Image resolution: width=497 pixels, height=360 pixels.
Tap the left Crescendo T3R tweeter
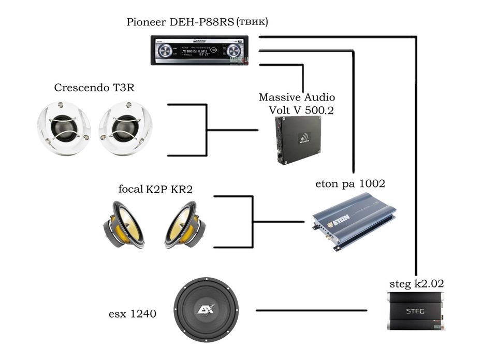(64, 127)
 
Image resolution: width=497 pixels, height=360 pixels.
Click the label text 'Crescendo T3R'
(94, 88)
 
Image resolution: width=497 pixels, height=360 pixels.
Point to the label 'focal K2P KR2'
(155, 190)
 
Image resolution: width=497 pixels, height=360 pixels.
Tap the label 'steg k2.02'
(417, 284)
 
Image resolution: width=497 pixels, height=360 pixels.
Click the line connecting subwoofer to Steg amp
(311, 311)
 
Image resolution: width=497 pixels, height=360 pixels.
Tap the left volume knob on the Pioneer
(166, 51)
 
